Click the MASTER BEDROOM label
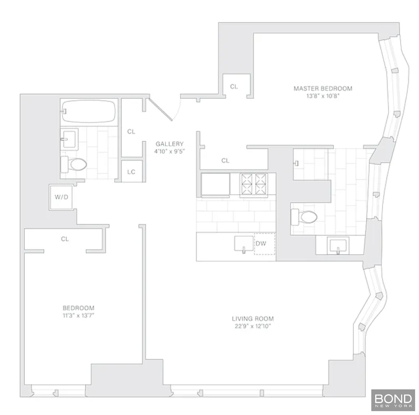pyautogui.click(x=323, y=89)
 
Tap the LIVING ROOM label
pyautogui.click(x=253, y=319)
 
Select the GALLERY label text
pyautogui.click(x=170, y=144)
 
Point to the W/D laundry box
pyautogui.click(x=61, y=197)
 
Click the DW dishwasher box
pyautogui.click(x=264, y=244)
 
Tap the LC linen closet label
pyautogui.click(x=131, y=172)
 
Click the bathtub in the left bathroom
pyautogui.click(x=88, y=111)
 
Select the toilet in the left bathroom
pyautogui.click(x=74, y=164)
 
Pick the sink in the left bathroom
pyautogui.click(x=69, y=139)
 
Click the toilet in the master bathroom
pyautogui.click(x=304, y=217)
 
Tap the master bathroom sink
pyautogui.click(x=338, y=246)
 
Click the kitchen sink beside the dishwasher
pyautogui.click(x=244, y=244)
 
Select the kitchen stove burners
pyautogui.click(x=253, y=184)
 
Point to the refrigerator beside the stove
pyautogui.click(x=215, y=184)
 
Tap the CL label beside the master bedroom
pyautogui.click(x=234, y=87)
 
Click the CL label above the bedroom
pyautogui.click(x=65, y=239)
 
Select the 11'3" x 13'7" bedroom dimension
pyautogui.click(x=79, y=315)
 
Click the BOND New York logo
pyautogui.click(x=393, y=400)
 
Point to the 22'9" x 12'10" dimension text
pyautogui.click(x=253, y=326)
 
